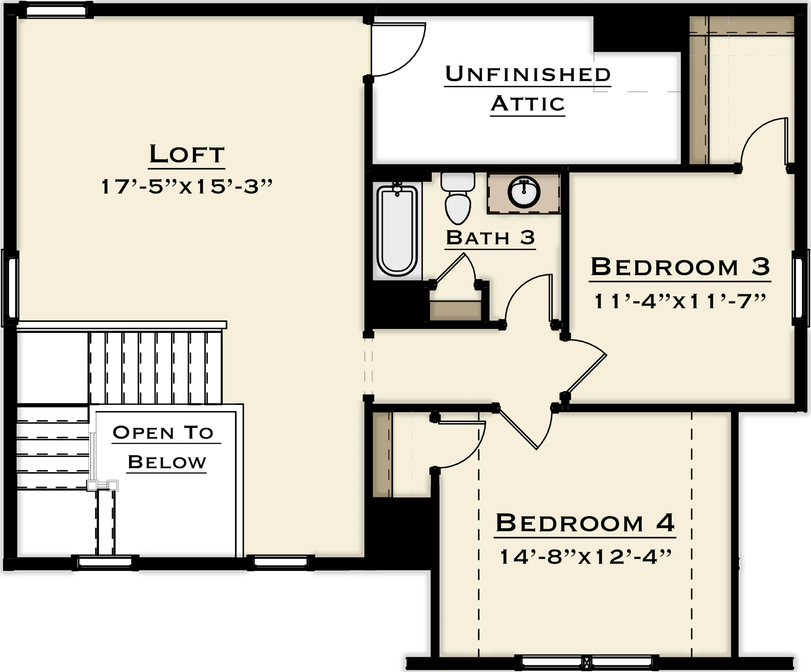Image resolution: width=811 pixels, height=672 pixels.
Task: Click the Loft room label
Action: pos(187,154)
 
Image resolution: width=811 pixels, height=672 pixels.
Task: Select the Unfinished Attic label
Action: pos(528,89)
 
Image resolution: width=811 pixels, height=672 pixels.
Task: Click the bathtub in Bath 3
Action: pos(397,231)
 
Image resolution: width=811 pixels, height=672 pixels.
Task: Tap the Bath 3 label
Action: pos(490,238)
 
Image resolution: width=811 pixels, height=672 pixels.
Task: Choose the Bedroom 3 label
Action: pos(680,267)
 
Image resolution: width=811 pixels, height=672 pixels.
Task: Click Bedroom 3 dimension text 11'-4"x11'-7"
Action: pos(680,302)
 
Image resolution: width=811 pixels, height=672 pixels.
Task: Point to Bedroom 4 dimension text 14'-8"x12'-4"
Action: pos(585,557)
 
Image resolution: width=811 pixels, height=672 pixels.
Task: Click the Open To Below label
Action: pos(166,447)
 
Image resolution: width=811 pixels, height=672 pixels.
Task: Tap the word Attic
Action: pos(528,103)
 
